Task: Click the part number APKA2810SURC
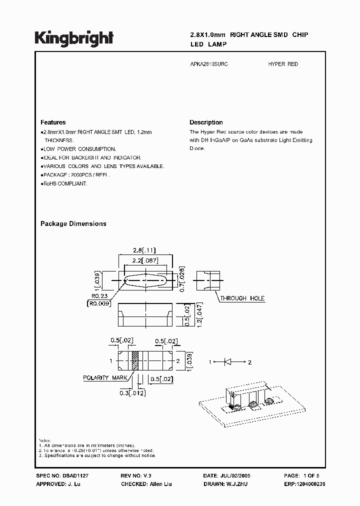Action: coord(209,64)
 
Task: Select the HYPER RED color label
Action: coord(283,64)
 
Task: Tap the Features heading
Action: coord(53,122)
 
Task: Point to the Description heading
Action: coord(206,122)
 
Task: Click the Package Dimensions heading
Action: coord(73,224)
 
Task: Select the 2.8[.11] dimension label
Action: coord(145,249)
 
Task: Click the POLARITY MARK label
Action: coord(105,378)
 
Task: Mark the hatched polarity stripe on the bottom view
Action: coord(134,360)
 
